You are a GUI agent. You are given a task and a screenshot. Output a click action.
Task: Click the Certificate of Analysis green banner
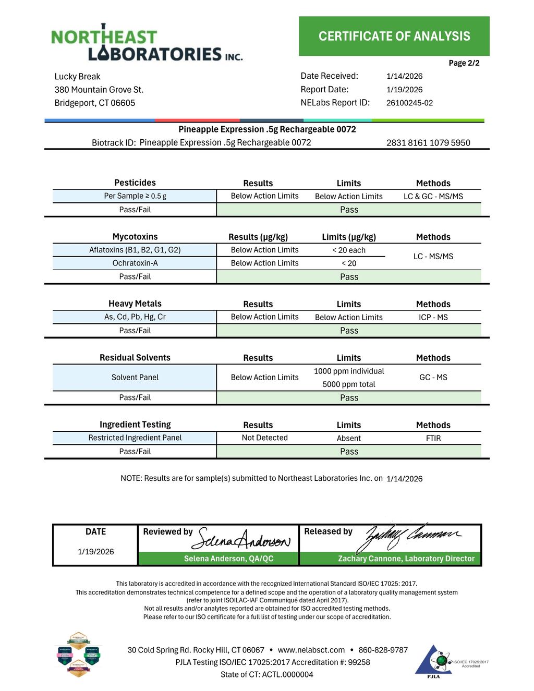point(394,36)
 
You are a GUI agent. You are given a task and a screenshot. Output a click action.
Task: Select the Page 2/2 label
point(464,63)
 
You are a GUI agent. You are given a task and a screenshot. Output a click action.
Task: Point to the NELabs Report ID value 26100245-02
point(409,103)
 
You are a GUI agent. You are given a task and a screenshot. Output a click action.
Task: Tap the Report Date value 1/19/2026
point(404,89)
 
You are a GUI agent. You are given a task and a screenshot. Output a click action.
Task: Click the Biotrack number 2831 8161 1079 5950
point(428,142)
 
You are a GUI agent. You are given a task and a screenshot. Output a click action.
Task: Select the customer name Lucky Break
point(77,76)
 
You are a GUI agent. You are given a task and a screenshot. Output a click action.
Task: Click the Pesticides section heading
point(135,183)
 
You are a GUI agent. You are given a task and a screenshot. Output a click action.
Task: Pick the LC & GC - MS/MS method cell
point(433,196)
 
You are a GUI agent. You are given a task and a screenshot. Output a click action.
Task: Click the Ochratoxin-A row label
point(135,263)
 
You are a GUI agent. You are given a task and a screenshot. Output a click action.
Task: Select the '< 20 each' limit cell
point(349,250)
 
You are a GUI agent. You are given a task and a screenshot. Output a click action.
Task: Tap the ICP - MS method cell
point(433,317)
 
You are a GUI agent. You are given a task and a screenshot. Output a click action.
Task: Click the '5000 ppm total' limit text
point(349,384)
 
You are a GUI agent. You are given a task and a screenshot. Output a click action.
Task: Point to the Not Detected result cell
point(264,438)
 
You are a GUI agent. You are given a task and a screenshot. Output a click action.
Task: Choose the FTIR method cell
point(433,438)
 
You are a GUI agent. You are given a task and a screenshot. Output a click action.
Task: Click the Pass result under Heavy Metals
point(349,331)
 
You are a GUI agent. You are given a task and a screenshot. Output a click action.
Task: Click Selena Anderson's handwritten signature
point(241,539)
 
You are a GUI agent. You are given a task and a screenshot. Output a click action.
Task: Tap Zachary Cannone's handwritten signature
point(410,536)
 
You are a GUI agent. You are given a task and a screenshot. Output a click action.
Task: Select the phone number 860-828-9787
point(383,650)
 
